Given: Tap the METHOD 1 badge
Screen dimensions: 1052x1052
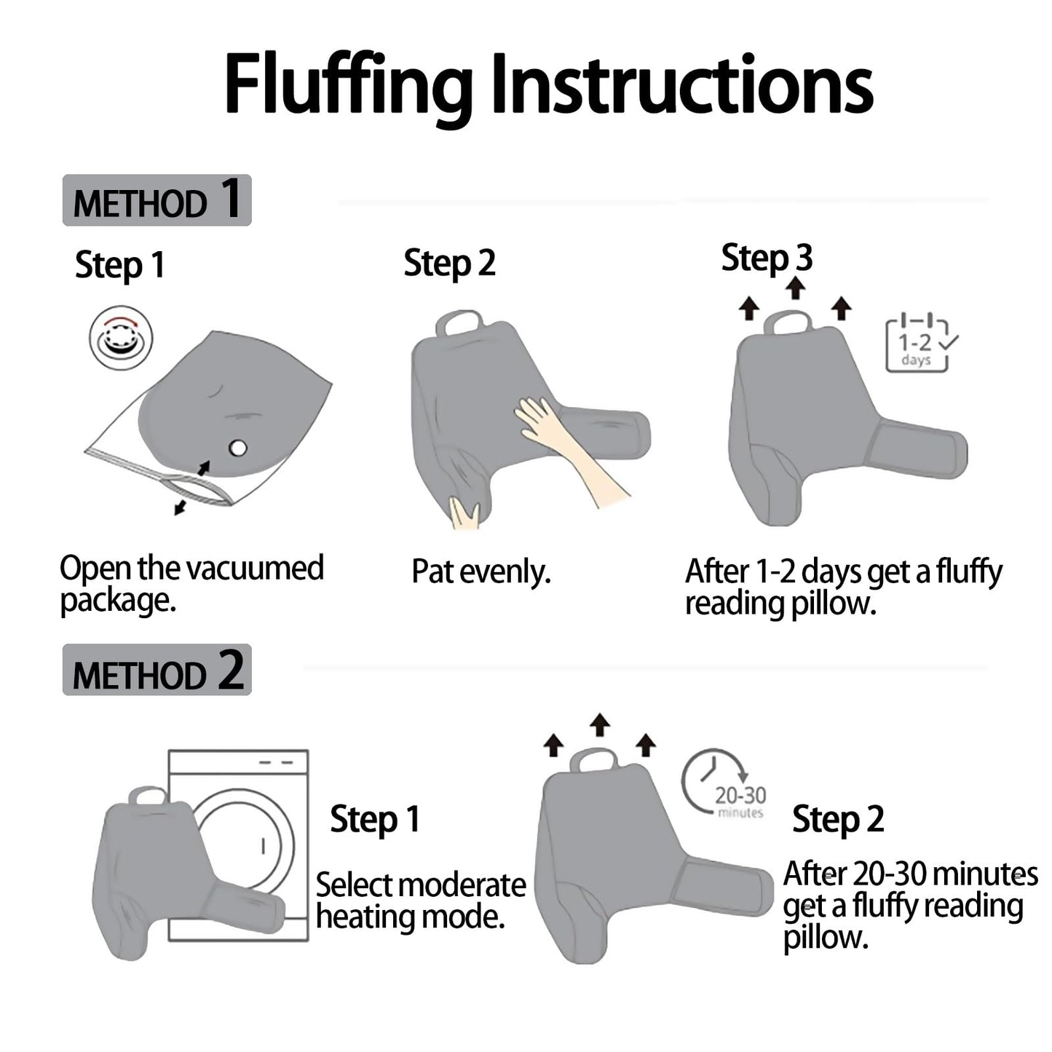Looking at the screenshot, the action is pyautogui.click(x=157, y=199).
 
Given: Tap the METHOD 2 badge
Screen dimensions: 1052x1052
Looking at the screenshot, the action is pyautogui.click(x=157, y=669).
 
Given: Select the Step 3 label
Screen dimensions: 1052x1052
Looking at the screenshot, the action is pyautogui.click(x=767, y=258).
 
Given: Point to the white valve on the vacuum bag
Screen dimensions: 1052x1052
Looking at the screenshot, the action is pyautogui.click(x=238, y=448).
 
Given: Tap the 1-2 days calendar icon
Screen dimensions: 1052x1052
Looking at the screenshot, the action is pyautogui.click(x=920, y=343).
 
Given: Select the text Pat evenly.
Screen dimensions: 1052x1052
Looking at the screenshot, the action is pyautogui.click(x=481, y=573).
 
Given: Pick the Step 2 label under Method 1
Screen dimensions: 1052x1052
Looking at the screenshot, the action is pyautogui.click(x=449, y=263).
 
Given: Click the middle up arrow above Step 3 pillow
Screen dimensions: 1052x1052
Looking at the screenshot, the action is pyautogui.click(x=796, y=288).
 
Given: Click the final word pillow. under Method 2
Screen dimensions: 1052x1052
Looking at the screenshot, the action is pyautogui.click(x=826, y=938).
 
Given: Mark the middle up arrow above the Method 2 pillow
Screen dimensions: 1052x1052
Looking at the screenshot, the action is pyautogui.click(x=600, y=724).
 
